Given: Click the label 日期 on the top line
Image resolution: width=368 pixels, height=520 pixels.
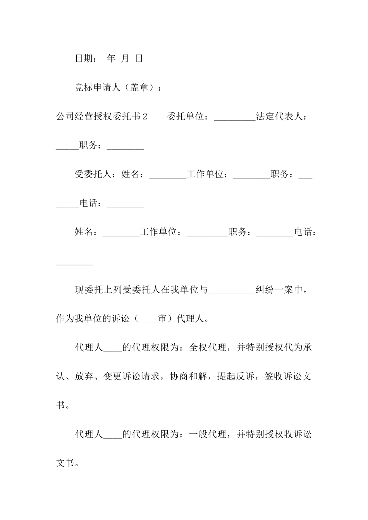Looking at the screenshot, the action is point(84,58).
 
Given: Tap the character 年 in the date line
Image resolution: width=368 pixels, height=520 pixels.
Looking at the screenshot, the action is point(111,58).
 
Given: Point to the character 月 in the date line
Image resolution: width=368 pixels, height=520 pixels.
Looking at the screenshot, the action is point(125,58).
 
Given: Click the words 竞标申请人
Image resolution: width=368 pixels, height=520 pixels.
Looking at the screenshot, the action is point(98,87).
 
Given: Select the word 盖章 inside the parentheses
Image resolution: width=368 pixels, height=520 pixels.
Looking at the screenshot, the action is point(139,87).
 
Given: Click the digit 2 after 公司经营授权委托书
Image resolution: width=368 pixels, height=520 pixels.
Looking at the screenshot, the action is point(145,116).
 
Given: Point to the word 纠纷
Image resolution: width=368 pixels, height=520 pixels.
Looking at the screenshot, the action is point(265,290).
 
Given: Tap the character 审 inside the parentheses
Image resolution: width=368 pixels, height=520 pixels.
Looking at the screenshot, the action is point(162,319).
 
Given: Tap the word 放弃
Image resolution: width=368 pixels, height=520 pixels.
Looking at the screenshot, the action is point(84,376).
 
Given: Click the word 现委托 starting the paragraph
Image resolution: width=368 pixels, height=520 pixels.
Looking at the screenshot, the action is point(89,290).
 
